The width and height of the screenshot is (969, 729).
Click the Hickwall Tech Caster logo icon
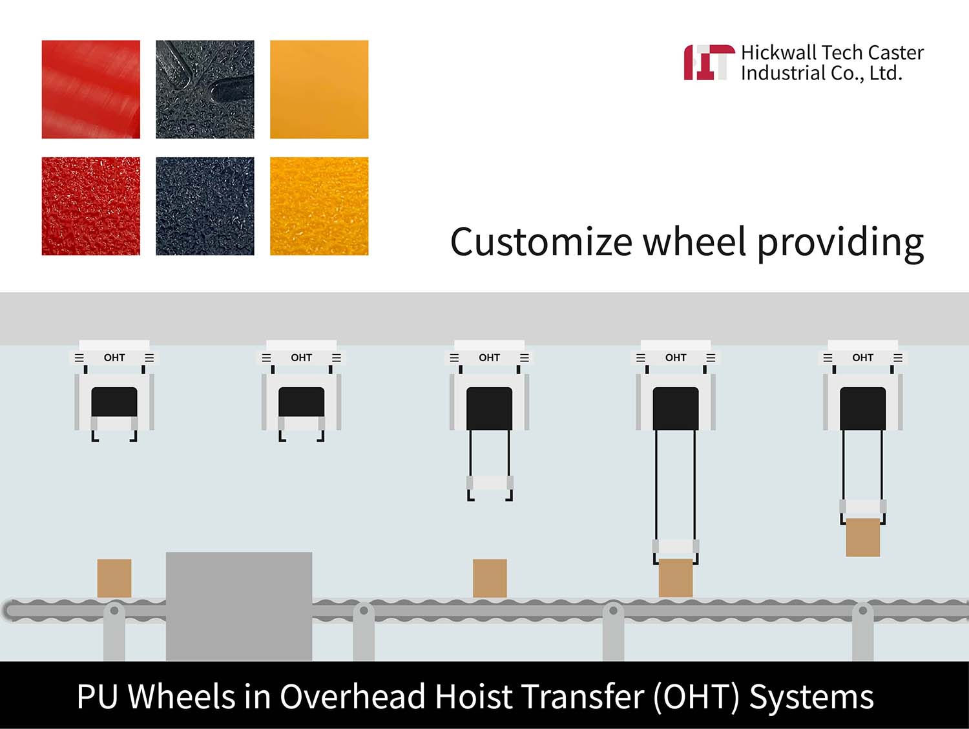point(709,62)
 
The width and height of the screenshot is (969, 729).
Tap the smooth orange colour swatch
point(319,89)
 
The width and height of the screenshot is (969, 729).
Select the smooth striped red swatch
point(91,89)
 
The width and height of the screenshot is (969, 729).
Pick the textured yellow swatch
point(319,206)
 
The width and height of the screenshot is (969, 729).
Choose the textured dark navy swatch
point(205,206)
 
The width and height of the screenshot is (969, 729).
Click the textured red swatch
point(91,206)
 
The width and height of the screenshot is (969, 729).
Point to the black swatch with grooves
point(205,89)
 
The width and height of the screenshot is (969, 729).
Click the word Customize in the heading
point(541,242)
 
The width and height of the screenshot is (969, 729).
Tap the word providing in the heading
point(840,244)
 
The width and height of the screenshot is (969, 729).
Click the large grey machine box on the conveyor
point(239,606)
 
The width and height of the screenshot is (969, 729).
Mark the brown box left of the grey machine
point(114,578)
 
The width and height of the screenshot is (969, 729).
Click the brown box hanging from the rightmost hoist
point(863,537)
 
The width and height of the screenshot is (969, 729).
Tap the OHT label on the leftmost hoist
point(114,357)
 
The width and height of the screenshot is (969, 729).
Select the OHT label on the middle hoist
point(489,357)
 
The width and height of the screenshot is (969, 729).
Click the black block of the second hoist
point(301,402)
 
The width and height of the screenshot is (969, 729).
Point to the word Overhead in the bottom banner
point(353,697)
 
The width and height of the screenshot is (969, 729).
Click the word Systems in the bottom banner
point(811,697)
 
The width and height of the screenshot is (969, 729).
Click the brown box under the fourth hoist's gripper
point(676,578)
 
